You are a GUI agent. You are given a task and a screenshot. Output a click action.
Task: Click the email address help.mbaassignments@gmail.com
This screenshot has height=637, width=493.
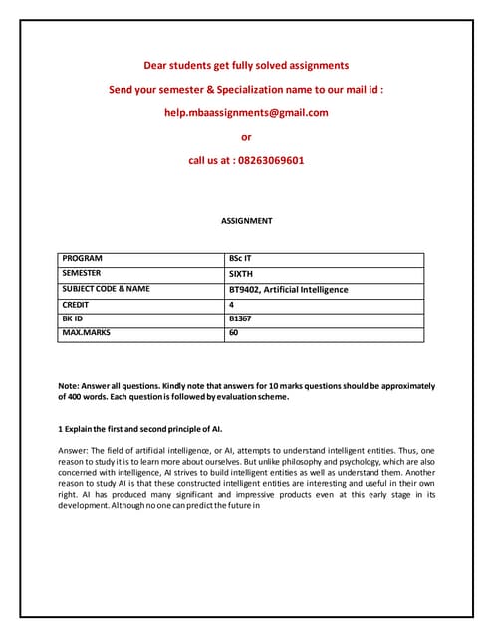[246, 112]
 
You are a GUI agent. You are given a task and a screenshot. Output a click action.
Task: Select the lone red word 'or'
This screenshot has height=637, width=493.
[246, 136]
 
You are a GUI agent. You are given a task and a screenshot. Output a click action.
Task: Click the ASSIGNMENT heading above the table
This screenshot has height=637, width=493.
[246, 220]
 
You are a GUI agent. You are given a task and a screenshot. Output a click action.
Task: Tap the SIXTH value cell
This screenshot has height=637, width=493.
[242, 273]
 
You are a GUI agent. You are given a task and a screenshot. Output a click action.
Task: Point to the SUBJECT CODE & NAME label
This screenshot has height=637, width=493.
[106, 289]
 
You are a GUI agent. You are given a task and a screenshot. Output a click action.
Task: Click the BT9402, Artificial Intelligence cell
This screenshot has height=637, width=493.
[289, 289]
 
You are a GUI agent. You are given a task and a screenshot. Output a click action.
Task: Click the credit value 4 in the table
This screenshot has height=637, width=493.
[232, 304]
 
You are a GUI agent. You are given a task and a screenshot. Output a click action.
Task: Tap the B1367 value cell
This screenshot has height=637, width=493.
[242, 318]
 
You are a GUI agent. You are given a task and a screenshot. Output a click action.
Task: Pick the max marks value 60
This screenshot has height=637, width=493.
[234, 333]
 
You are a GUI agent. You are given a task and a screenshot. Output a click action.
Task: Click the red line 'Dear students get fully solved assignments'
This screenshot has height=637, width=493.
[246, 65]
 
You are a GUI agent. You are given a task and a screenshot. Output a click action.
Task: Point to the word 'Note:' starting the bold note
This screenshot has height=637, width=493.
[69, 385]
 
